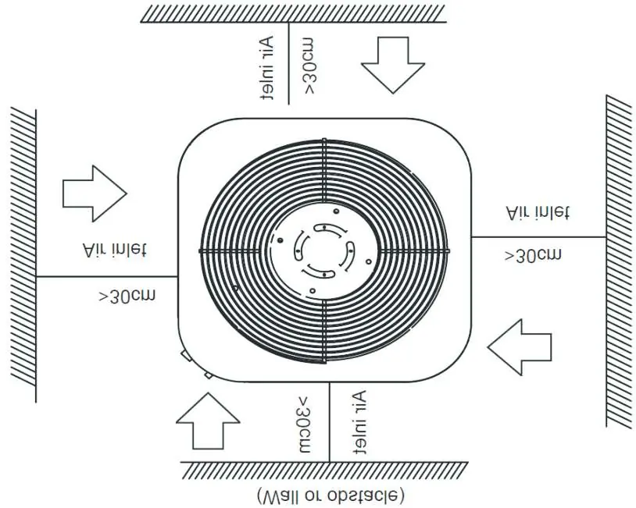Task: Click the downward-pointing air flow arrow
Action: coord(393,65)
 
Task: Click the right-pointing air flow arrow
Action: coord(95,194)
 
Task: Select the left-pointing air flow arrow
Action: coord(520,347)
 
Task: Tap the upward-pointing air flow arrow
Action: coord(208,421)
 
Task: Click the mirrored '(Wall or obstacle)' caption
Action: coord(331,495)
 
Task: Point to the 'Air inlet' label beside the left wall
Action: coord(115,250)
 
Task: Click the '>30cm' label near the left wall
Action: coord(127,295)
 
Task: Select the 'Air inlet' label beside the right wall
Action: coord(538,213)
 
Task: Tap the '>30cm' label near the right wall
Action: coord(534,255)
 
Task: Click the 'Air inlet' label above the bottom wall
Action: coord(359,422)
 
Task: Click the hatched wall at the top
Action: coord(293,14)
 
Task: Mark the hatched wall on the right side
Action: coord(620,261)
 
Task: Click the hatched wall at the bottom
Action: coord(324,471)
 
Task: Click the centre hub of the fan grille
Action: coord(324,250)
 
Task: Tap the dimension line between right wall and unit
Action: coord(539,237)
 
